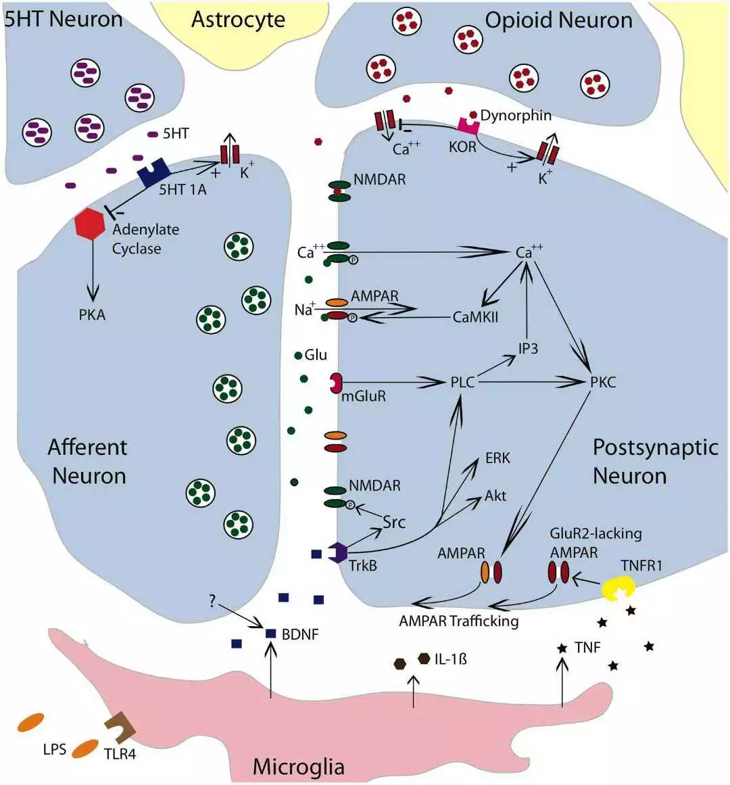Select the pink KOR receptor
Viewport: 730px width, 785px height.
pos(468,125)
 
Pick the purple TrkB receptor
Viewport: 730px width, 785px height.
pos(337,552)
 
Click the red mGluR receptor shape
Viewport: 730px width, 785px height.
pos(336,383)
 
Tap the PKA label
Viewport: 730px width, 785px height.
pos(92,315)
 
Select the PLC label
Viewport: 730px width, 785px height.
pos(463,383)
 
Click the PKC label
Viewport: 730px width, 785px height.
pos(603,383)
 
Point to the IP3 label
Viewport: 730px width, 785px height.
pos(528,349)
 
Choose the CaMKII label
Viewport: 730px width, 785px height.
pos(475,316)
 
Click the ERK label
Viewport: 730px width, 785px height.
pos(498,458)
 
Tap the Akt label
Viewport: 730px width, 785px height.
pos(495,496)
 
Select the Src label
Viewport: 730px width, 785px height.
pos(394,522)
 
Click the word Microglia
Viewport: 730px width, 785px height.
pos(298,767)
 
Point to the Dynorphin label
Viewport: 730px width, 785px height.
pos(516,116)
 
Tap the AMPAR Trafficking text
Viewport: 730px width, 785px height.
pos(459,621)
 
